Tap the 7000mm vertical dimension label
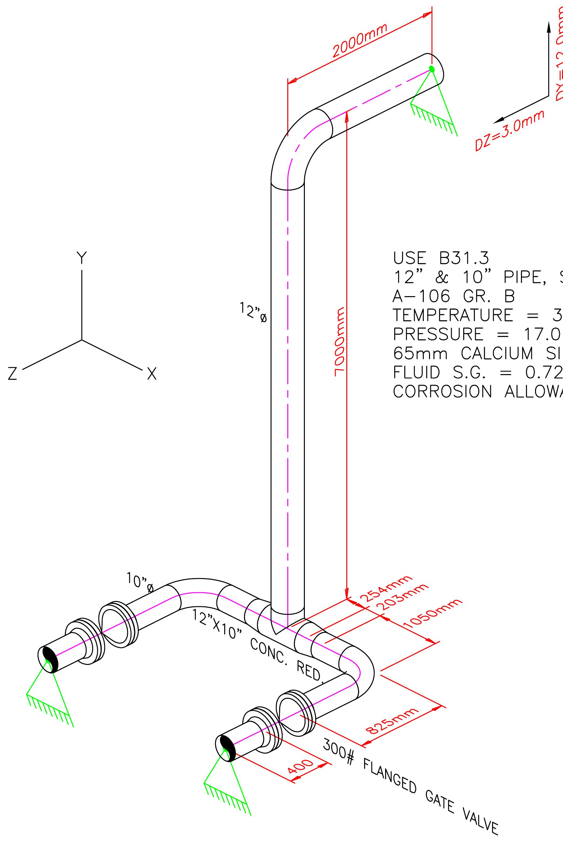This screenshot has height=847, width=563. (340, 342)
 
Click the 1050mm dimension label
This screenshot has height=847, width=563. (433, 620)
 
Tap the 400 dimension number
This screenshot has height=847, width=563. (300, 768)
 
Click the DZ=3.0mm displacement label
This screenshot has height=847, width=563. (509, 130)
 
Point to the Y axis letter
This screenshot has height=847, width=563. (82, 258)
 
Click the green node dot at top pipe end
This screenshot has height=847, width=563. (432, 69)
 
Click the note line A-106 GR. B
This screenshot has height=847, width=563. (454, 296)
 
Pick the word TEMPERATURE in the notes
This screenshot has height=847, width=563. (452, 315)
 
